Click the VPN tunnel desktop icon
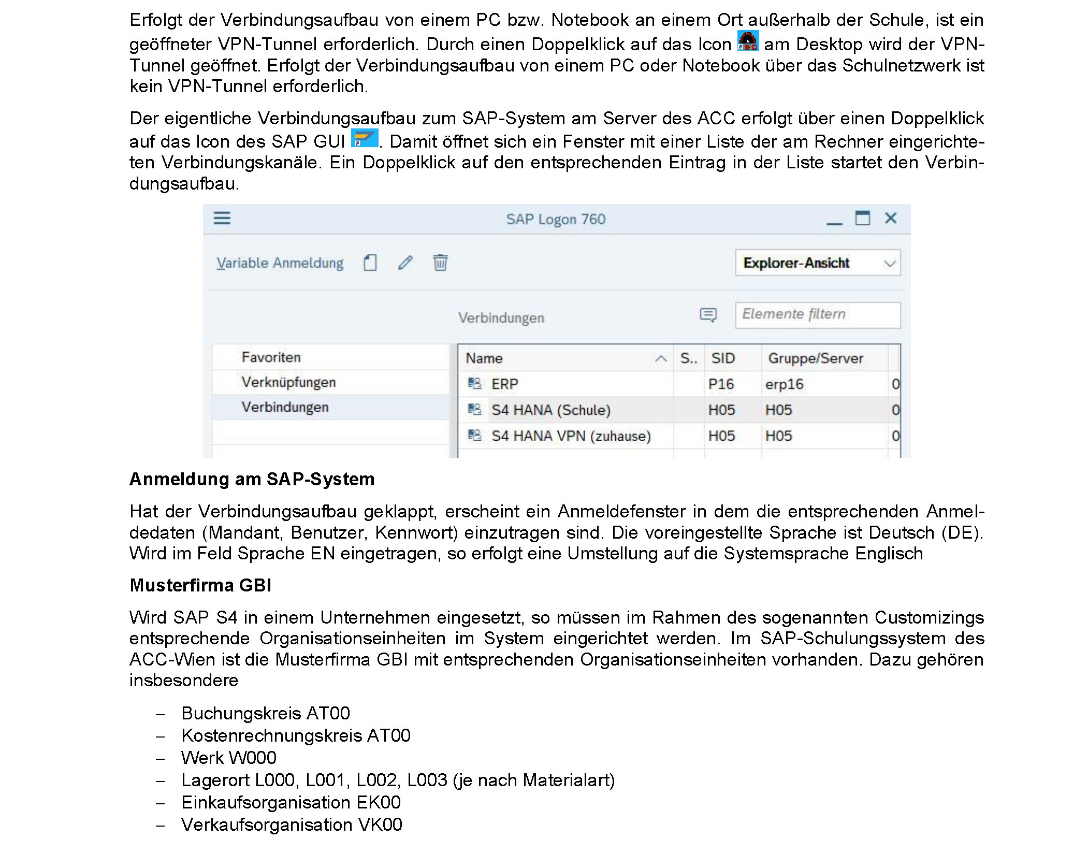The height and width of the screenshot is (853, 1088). (x=748, y=41)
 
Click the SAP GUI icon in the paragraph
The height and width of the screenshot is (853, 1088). (x=365, y=138)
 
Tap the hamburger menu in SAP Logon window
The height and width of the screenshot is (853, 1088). (x=222, y=218)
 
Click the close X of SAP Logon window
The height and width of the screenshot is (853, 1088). (x=891, y=218)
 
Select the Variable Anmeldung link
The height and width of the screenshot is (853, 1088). (x=280, y=263)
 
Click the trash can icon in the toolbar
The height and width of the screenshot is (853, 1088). (x=440, y=263)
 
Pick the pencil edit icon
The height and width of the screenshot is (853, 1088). (x=405, y=263)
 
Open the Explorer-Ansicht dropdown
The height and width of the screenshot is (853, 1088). (x=817, y=263)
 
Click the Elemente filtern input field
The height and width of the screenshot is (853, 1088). (x=817, y=314)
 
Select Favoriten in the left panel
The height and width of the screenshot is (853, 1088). (x=271, y=357)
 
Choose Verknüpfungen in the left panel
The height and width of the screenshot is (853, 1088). (x=288, y=382)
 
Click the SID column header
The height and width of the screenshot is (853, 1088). (x=723, y=358)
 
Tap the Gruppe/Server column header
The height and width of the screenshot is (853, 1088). (x=815, y=358)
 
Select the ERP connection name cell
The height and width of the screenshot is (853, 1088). (x=505, y=384)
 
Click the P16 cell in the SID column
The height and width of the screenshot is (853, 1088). (x=721, y=384)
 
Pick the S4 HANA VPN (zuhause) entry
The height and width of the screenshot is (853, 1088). (x=571, y=436)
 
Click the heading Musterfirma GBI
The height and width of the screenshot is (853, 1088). (x=200, y=585)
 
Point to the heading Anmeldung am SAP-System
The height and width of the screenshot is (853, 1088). (x=252, y=479)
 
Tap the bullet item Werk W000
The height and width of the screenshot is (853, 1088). (x=228, y=758)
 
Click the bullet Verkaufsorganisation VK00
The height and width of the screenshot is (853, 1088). (x=292, y=825)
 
